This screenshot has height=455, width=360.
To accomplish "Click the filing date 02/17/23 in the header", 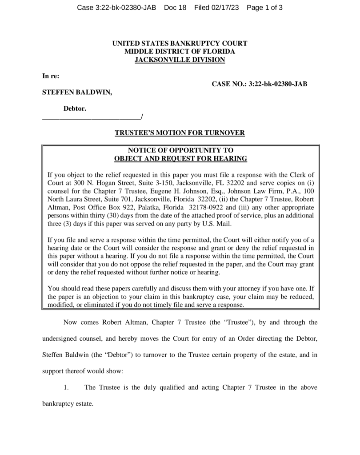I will (x=226, y=8).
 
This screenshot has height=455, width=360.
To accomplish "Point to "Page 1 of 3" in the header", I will (x=264, y=8).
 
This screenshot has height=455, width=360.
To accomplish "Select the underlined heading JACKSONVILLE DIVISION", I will (x=180, y=60).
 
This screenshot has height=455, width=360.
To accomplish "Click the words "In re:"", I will (x=51, y=76).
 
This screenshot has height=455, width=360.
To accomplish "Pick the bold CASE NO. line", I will (x=260, y=84).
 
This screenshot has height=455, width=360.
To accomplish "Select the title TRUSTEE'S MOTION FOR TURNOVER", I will (x=180, y=133).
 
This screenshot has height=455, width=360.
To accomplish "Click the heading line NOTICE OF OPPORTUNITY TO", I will (x=180, y=150).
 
